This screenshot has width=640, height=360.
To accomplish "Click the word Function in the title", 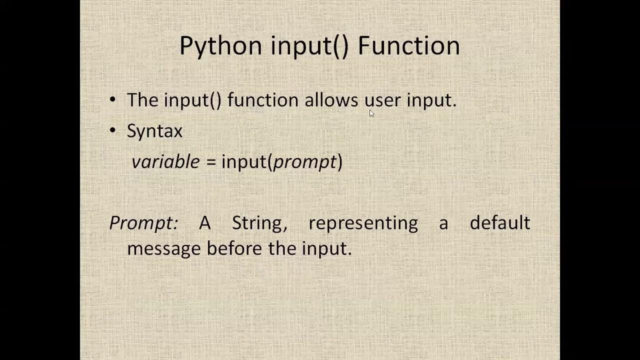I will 408,45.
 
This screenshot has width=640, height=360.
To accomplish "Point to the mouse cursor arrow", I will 371,113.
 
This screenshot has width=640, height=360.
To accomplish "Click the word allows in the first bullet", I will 331,100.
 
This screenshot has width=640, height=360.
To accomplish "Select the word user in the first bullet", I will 382,100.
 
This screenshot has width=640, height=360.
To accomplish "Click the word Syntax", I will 154,131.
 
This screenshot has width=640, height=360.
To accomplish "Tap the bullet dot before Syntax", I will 112,130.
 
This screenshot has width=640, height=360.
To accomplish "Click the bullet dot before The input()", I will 112,99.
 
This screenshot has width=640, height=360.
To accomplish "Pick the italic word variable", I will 165,161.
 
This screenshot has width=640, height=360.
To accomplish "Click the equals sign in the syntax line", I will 210,162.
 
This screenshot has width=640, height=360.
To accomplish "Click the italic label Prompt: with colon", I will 143,223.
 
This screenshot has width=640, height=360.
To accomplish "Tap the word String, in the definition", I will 259,223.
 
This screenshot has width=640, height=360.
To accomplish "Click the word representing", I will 363,223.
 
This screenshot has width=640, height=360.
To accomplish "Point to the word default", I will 499,222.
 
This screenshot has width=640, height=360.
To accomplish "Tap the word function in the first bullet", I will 262,100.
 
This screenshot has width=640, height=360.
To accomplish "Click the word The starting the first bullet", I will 142,100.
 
